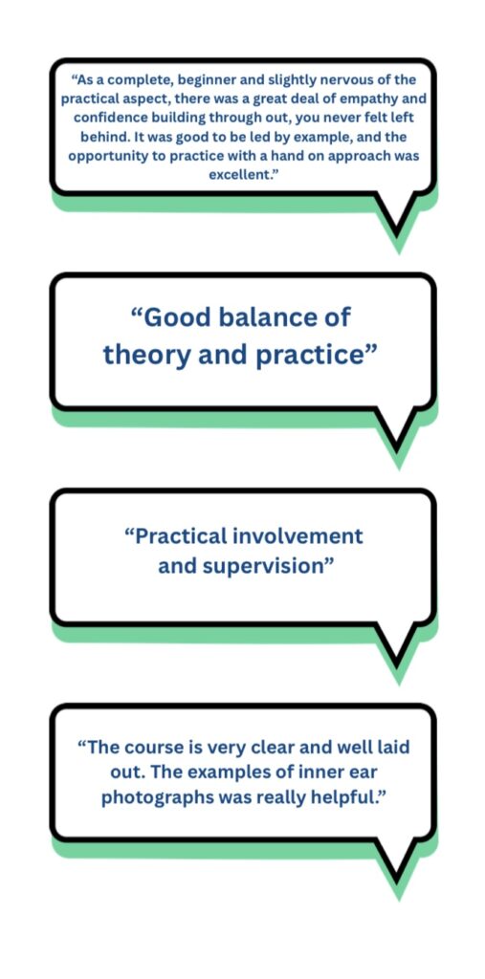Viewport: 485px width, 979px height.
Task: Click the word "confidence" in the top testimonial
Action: (106, 118)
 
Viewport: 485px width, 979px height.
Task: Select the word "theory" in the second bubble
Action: (144, 356)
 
